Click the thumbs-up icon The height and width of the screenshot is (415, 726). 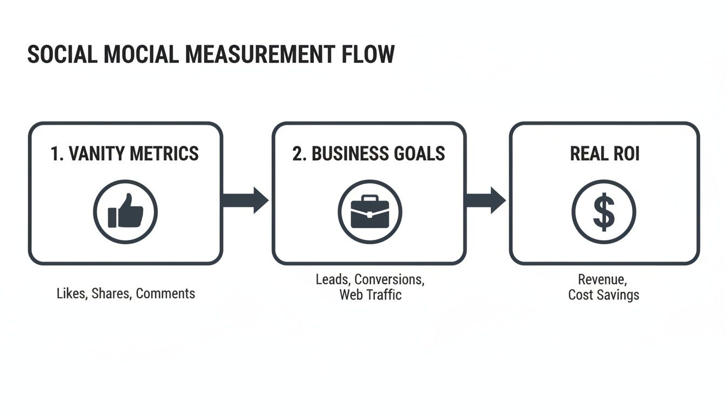125,212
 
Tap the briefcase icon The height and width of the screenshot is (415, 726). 369,212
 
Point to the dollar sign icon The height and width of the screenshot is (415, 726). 604,212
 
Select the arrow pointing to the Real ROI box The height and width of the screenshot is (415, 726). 485,200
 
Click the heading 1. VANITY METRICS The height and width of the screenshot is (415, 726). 125,154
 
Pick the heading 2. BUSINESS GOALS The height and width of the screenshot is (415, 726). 369,154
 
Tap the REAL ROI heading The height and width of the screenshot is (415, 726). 604,154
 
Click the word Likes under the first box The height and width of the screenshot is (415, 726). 71,294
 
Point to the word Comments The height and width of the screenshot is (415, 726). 165,294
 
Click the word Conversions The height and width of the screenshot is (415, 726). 389,280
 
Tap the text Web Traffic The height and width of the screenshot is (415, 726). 371,295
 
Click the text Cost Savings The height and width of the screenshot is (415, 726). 604,295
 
